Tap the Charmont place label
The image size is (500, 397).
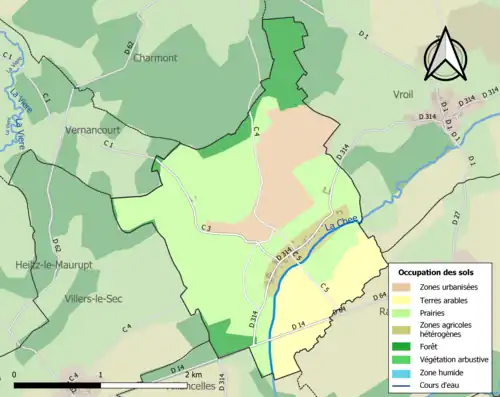tap(154, 58)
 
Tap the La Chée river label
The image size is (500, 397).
tap(341, 231)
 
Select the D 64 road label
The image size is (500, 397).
tap(379, 296)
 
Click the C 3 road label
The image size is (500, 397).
tap(206, 229)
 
